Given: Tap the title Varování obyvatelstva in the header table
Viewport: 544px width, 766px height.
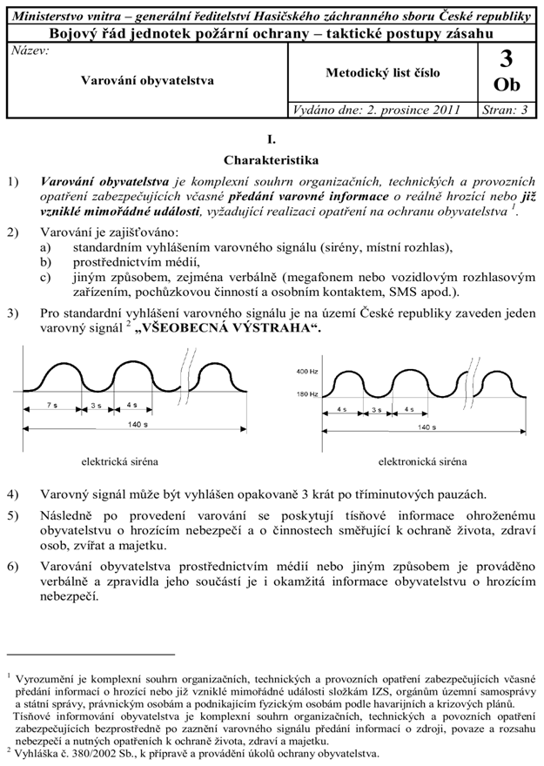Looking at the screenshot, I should click(x=148, y=80).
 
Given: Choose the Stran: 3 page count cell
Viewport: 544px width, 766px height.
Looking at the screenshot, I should click(x=506, y=111).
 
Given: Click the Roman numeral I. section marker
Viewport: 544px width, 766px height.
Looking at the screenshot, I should click(x=272, y=138).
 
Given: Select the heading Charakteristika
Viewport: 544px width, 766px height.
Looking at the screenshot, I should click(x=272, y=160).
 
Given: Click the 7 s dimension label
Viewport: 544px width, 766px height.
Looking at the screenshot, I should click(x=52, y=406).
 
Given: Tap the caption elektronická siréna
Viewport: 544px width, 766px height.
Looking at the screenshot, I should click(x=422, y=460).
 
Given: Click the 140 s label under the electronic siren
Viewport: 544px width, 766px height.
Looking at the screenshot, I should click(x=426, y=427).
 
